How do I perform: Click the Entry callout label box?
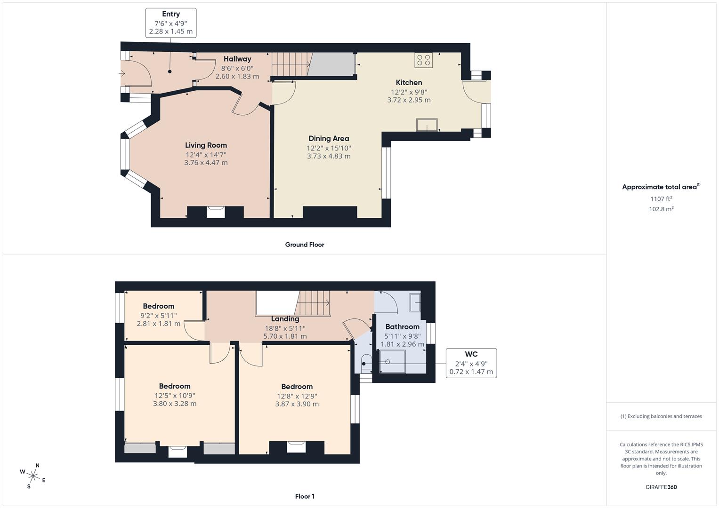[170, 23]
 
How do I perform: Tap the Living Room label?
[206, 145]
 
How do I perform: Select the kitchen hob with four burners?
[424, 60]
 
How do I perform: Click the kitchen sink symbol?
[427, 125]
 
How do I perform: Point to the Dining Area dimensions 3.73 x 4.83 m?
[329, 156]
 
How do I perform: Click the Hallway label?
[237, 59]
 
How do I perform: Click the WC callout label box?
[471, 363]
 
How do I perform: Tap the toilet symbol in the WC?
[366, 363]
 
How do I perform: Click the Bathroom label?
[402, 326]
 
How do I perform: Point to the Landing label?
[285, 319]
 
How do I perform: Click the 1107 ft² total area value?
[661, 199]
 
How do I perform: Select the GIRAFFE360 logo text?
[661, 487]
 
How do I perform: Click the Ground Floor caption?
[305, 245]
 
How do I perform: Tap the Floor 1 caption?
[305, 496]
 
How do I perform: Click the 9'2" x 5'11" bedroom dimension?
[159, 316]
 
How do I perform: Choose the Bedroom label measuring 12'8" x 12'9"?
[297, 387]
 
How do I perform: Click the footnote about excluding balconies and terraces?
[661, 416]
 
